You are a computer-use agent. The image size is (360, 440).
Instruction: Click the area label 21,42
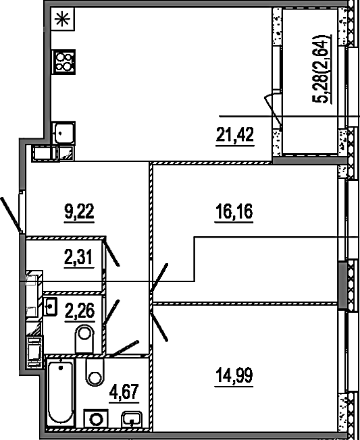[x=235, y=134]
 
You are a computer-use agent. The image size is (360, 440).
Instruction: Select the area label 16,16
[x=234, y=211]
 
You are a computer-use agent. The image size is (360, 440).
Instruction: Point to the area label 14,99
[x=234, y=375]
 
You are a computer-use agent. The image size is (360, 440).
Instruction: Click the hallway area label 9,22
[x=79, y=211]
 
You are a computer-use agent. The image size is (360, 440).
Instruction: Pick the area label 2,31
[x=79, y=257]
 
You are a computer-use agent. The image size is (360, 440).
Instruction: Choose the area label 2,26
[x=80, y=310]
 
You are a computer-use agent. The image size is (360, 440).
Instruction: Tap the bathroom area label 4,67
[x=124, y=391]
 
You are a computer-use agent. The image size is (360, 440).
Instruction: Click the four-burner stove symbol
[x=63, y=62]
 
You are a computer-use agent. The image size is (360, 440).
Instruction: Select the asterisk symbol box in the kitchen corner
[x=63, y=19]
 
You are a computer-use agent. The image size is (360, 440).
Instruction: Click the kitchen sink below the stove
[x=63, y=133]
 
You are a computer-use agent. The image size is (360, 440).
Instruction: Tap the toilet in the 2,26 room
[x=84, y=338]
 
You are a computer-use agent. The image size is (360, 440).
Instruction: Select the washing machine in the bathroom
[x=96, y=420]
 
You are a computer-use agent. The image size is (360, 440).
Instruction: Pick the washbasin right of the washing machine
[x=131, y=420]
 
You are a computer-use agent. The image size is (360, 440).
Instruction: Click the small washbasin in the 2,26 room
[x=50, y=306]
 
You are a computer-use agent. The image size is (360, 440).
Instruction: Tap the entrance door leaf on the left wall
[x=11, y=215]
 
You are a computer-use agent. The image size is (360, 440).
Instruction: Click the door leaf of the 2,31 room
[x=112, y=252]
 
